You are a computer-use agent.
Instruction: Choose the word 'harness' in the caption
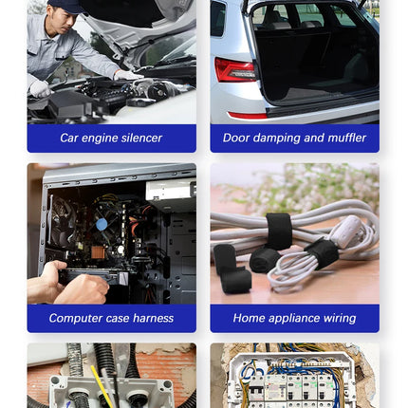click(154, 318)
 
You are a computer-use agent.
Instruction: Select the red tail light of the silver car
click(234, 70)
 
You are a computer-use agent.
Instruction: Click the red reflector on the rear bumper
click(248, 115)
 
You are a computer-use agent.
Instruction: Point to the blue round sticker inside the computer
click(102, 225)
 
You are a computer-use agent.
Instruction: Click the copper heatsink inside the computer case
click(98, 252)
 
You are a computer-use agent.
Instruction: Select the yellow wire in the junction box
click(102, 387)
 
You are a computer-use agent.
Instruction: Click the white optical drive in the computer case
click(171, 190)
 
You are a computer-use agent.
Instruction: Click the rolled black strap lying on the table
click(264, 260)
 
